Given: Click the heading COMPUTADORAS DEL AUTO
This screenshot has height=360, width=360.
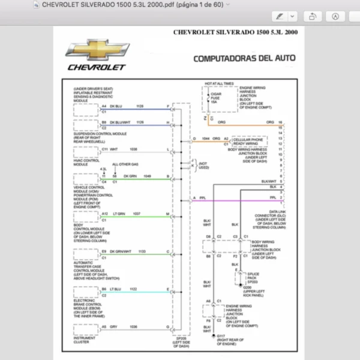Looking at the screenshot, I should click(244, 59).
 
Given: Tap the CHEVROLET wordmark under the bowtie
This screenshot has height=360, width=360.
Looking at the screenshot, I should click(96, 67).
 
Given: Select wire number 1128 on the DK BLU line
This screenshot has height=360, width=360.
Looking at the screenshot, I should click(140, 106).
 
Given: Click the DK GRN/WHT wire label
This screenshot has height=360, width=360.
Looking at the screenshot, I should click(121, 251).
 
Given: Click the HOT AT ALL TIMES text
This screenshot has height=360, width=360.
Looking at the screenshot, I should click(219, 83).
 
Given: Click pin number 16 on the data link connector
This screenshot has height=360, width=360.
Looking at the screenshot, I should click(281, 122).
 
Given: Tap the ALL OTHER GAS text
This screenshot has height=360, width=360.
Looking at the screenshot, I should click(125, 164).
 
